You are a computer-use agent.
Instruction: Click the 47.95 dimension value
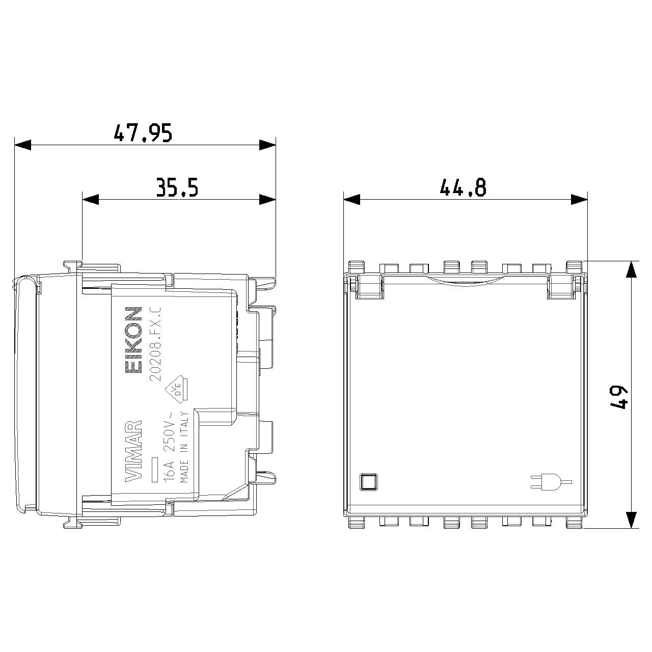(x=143, y=132)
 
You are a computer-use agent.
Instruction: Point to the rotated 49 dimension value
(x=618, y=398)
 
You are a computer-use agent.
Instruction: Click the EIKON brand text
(x=133, y=340)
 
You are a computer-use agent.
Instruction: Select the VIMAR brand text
(x=133, y=451)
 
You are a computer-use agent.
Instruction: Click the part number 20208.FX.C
(x=155, y=344)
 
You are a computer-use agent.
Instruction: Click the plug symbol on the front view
(x=551, y=482)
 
